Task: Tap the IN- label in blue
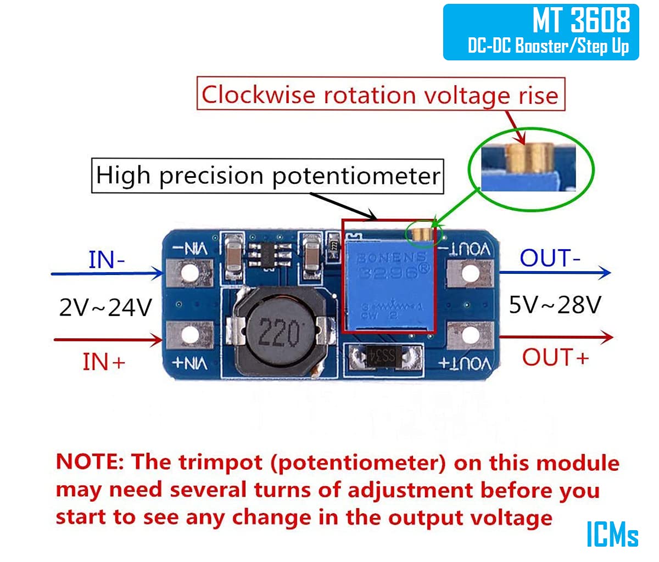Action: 107,259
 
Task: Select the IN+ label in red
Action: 104,362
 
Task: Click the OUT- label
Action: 550,258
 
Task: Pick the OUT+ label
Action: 555,357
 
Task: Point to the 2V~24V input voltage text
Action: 105,308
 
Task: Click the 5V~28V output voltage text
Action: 555,305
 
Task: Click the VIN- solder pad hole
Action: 189,273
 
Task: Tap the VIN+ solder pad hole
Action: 189,335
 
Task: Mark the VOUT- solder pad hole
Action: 470,273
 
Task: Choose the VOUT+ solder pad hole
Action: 470,335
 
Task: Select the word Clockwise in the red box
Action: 258,95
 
